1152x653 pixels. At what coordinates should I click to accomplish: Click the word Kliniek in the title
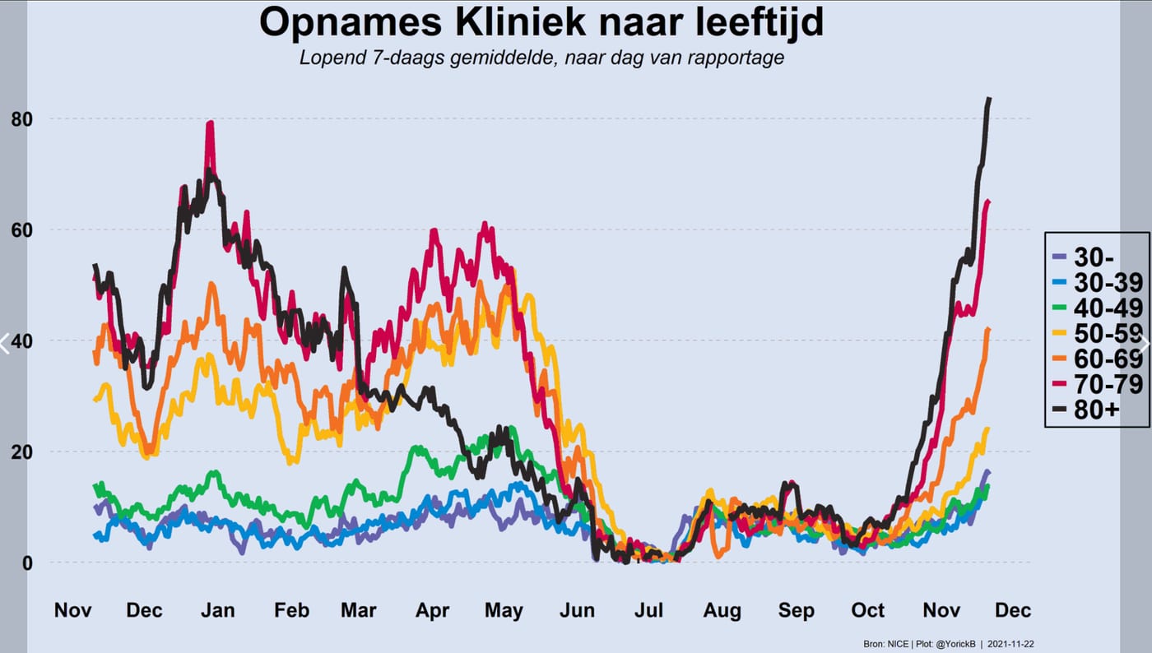(520, 22)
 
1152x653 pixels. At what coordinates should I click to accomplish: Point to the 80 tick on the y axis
(21, 119)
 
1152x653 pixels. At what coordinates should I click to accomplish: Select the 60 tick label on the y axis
(21, 230)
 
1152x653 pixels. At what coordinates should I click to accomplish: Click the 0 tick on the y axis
(27, 563)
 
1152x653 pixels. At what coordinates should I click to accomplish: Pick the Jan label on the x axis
(217, 610)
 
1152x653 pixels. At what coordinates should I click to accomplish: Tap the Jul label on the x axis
(648, 610)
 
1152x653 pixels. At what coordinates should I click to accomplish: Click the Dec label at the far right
(1013, 610)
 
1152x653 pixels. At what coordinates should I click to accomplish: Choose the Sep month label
(797, 610)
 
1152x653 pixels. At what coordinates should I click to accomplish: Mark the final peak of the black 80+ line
(989, 99)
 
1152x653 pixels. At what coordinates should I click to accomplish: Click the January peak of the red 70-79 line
(210, 123)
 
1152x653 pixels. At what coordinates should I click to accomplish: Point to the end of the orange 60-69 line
(988, 329)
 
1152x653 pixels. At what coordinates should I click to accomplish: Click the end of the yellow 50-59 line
(987, 428)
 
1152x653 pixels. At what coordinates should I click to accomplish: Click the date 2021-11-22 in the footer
(1010, 644)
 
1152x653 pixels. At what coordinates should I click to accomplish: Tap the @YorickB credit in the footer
(953, 644)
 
